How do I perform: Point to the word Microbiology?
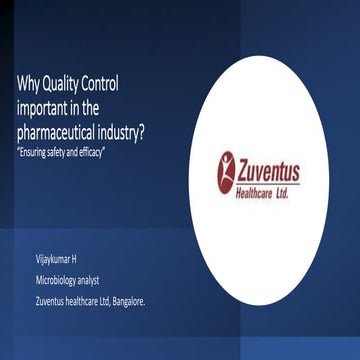pos(58,279)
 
